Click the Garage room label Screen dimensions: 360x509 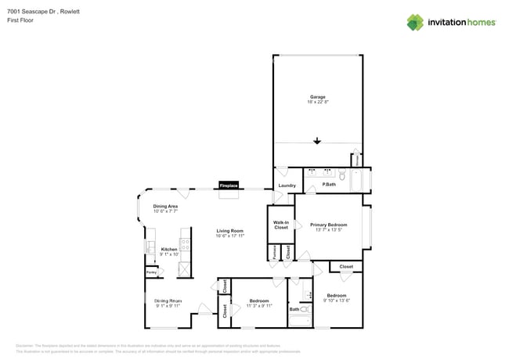317,97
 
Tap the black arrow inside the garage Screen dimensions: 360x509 317,142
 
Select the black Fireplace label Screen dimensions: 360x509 229,185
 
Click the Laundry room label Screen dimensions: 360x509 287,185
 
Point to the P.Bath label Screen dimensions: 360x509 330,185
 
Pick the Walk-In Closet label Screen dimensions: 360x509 281,225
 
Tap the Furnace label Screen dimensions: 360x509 274,252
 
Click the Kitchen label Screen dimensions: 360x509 170,249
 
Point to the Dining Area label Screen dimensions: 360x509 165,207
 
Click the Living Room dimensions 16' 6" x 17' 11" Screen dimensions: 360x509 230,235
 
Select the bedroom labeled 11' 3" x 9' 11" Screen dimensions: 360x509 259,305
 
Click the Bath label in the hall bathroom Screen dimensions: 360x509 294,309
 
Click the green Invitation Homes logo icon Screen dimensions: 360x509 415,22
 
